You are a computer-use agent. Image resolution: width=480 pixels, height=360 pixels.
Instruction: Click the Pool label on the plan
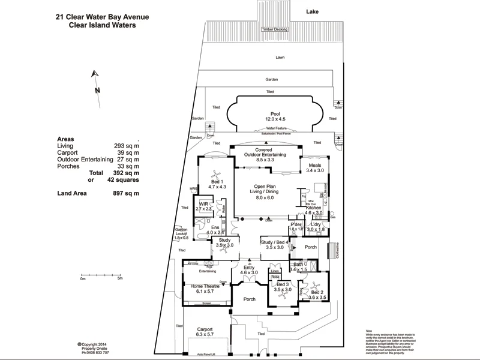[275, 114]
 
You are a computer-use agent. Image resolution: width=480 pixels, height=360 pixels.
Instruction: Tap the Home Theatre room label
[205, 287]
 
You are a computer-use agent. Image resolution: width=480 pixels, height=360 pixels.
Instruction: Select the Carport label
[205, 330]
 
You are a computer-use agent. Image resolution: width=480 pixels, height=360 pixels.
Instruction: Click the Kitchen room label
[314, 207]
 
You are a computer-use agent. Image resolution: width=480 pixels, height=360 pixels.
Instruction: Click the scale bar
[101, 274]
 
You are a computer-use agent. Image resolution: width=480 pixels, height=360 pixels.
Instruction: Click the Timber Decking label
[275, 29]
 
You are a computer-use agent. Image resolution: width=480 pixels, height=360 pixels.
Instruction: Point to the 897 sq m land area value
[126, 193]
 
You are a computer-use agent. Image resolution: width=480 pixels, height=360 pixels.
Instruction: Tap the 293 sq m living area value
[126, 146]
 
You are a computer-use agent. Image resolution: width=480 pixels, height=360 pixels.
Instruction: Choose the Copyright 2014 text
[95, 344]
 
